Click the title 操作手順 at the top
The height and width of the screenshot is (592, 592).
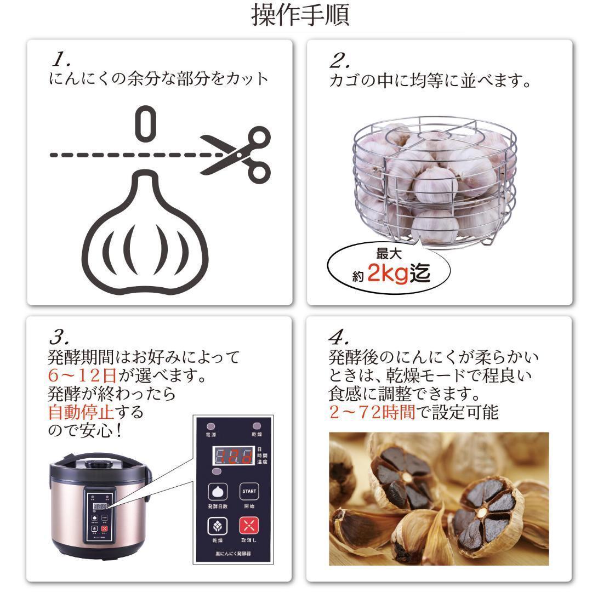point(300,15)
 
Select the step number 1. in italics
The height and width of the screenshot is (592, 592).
point(62,57)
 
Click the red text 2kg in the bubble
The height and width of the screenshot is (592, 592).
point(388,272)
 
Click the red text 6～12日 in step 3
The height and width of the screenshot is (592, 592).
point(82,376)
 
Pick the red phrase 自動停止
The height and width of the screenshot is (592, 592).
point(82,411)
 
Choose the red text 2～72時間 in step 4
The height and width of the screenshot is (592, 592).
point(372,411)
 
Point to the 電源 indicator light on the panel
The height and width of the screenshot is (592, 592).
point(211,426)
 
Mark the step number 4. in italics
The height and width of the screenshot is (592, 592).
point(339,335)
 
